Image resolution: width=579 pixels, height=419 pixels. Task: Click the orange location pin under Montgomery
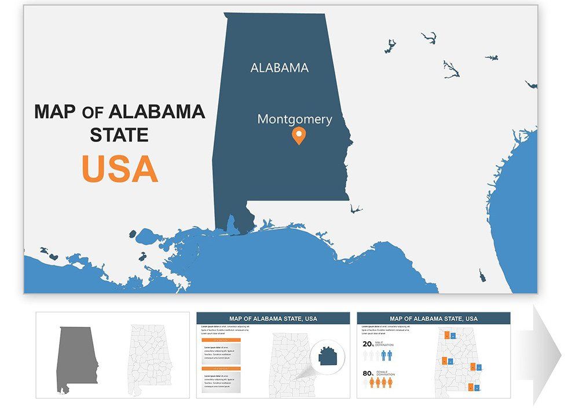pyautogui.click(x=298, y=136)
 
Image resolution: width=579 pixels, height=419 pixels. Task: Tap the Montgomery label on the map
pyautogui.click(x=295, y=119)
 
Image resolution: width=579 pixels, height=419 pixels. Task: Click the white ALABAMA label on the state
pyautogui.click(x=279, y=68)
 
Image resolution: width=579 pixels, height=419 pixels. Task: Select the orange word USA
pyautogui.click(x=119, y=169)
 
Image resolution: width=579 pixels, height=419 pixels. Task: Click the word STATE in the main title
pyautogui.click(x=119, y=136)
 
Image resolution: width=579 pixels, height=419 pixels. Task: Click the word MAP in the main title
pyautogui.click(x=55, y=112)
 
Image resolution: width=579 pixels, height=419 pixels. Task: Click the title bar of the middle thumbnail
pyautogui.click(x=273, y=319)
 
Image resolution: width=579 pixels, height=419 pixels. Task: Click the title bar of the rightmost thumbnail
pyautogui.click(x=434, y=319)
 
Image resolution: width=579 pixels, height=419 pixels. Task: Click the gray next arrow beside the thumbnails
pyautogui.click(x=547, y=354)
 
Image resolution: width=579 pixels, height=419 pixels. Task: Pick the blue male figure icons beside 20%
pyautogui.click(x=386, y=355)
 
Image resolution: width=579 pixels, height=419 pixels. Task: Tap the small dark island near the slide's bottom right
pyautogui.click(x=482, y=275)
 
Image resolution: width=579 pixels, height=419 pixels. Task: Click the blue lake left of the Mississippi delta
pyautogui.click(x=146, y=236)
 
